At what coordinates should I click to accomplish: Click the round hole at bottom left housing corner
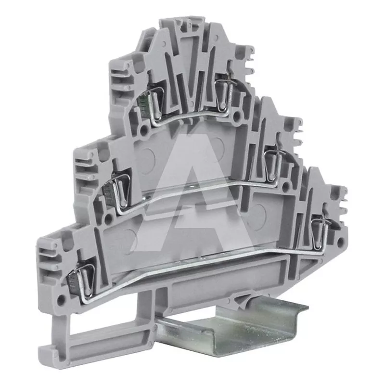point(61,299)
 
